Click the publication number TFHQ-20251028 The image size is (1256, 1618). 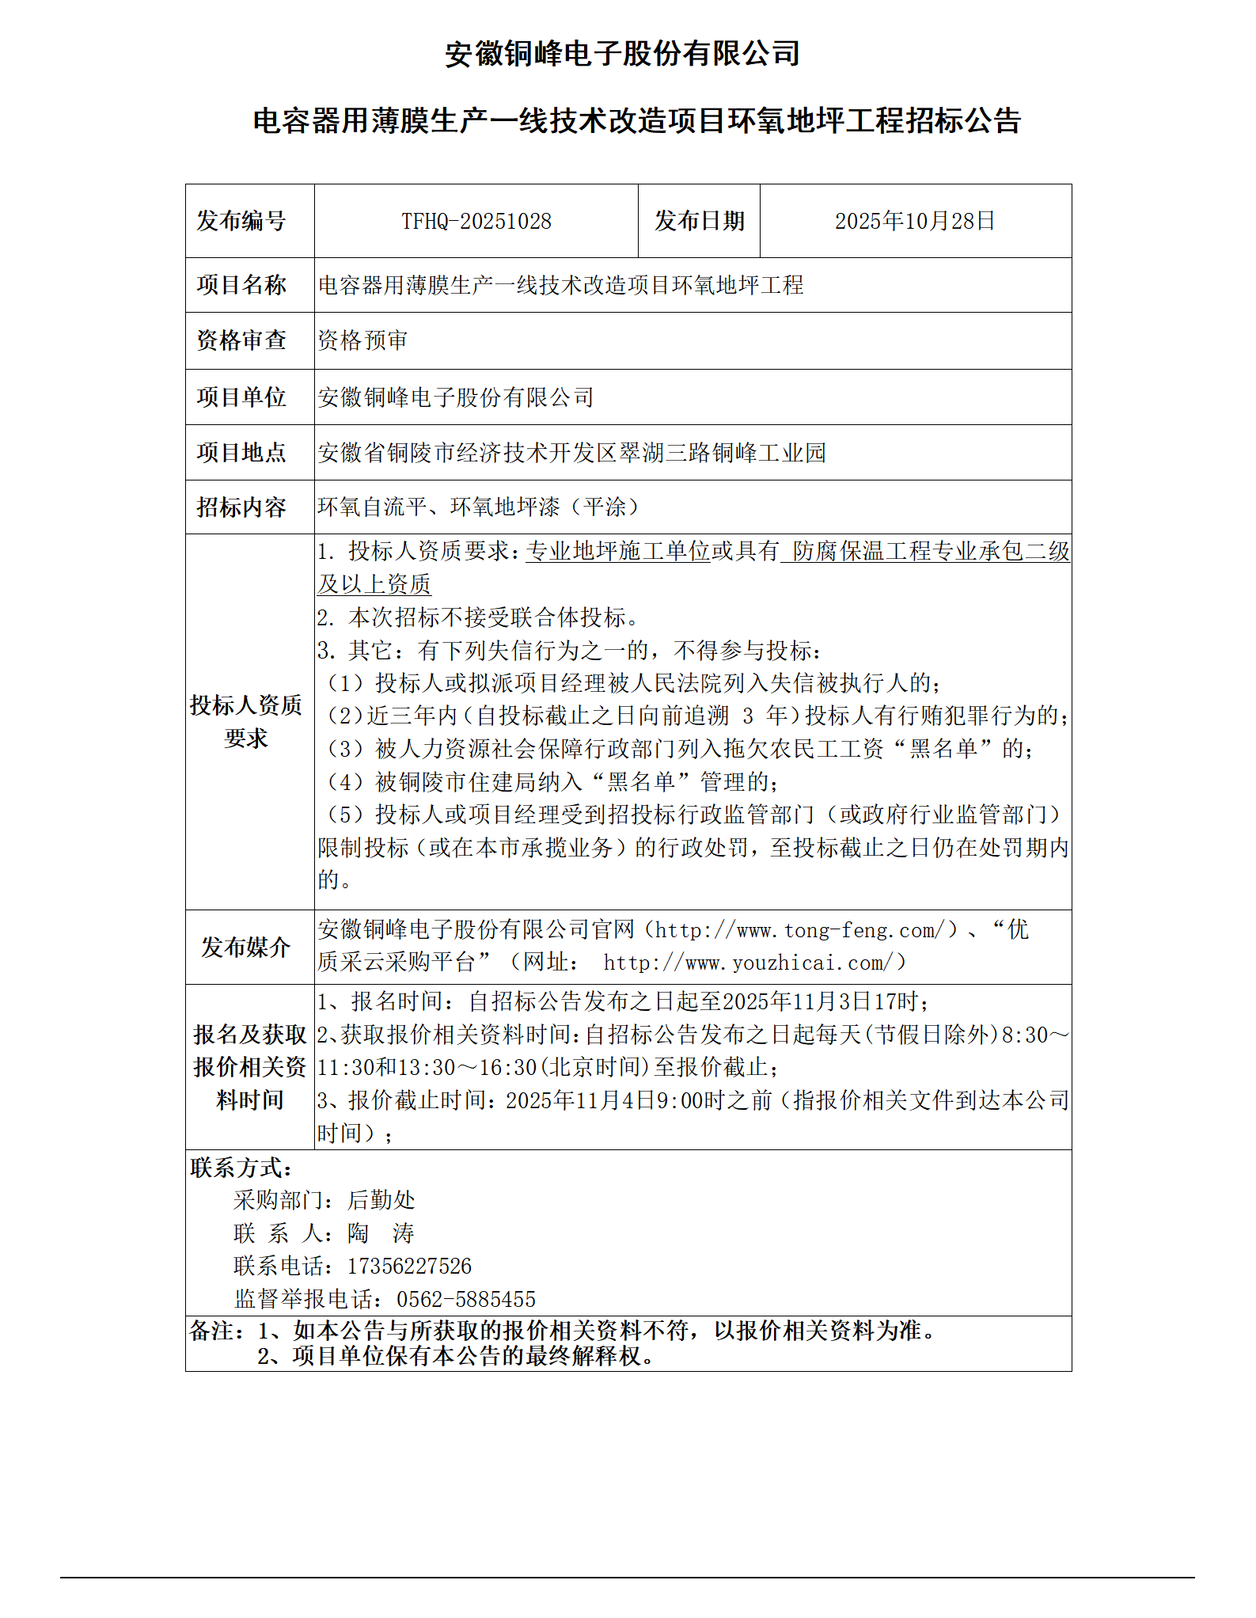pos(476,221)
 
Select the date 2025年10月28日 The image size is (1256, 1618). pos(915,221)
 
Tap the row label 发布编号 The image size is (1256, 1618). pos(241,221)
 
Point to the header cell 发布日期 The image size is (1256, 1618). pos(699,221)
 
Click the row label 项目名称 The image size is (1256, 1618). pos(241,285)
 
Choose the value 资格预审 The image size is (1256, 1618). pos(362,340)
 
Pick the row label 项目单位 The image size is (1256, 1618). pos(241,397)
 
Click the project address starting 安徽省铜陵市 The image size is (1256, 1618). pos(571,452)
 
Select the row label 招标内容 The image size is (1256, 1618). pos(241,507)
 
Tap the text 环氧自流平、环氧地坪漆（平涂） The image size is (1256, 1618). pos(478,507)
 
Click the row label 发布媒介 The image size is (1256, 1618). pos(245,947)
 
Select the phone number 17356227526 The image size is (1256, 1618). pos(409,1266)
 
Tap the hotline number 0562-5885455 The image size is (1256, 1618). pos(466,1299)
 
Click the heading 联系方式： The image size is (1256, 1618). pos(241,1167)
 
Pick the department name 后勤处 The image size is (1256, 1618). pos(381,1200)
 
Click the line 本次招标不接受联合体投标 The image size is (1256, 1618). pos(478,617)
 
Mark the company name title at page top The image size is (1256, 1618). pos(622,54)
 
